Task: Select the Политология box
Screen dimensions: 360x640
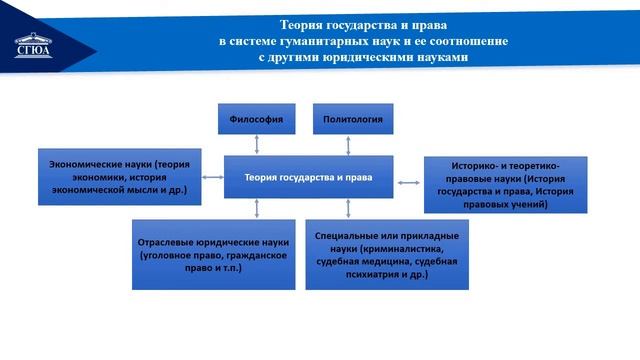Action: coord(347,119)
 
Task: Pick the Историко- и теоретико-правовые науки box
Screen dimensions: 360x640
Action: coord(505,184)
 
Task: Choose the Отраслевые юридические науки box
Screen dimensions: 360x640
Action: coord(214,255)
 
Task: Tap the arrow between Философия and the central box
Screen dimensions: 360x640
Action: coord(258,145)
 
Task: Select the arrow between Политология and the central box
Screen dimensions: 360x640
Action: coord(347,145)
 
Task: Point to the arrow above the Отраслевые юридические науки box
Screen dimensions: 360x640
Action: coord(258,209)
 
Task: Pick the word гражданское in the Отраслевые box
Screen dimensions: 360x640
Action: coord(256,255)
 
